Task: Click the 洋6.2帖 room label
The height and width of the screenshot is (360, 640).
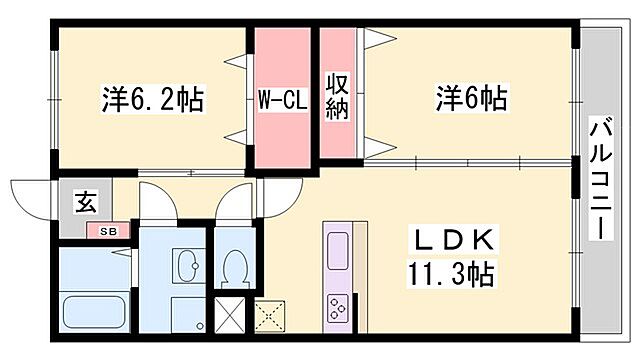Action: [153, 100]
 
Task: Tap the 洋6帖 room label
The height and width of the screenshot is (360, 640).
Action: [470, 100]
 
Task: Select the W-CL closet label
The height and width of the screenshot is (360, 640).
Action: [282, 100]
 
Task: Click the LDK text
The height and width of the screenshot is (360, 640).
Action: [455, 242]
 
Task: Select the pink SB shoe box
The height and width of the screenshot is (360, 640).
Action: [107, 232]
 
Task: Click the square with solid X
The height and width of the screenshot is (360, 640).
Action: [229, 316]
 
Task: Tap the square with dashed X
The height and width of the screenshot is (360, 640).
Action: [270, 316]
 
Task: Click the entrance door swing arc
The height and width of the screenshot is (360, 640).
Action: [30, 195]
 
